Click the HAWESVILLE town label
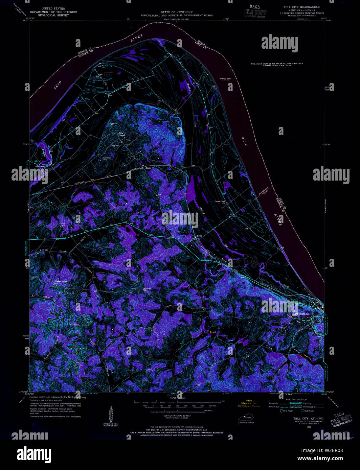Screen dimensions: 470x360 point(300,314)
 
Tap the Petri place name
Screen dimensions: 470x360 point(199,236)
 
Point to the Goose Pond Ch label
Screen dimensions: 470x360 point(220,202)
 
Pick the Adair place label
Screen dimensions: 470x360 point(148,168)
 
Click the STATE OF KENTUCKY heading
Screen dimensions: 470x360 point(177,12)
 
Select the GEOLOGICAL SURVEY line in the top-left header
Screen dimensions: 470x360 point(53,15)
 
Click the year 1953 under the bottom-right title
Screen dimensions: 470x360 point(309,427)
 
